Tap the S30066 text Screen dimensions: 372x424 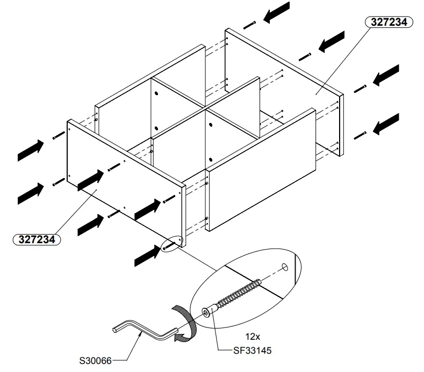click(x=96, y=360)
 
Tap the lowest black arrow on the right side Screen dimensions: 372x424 click(x=386, y=125)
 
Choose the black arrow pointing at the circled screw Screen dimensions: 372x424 click(x=147, y=256)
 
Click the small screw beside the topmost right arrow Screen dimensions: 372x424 click(x=248, y=25)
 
